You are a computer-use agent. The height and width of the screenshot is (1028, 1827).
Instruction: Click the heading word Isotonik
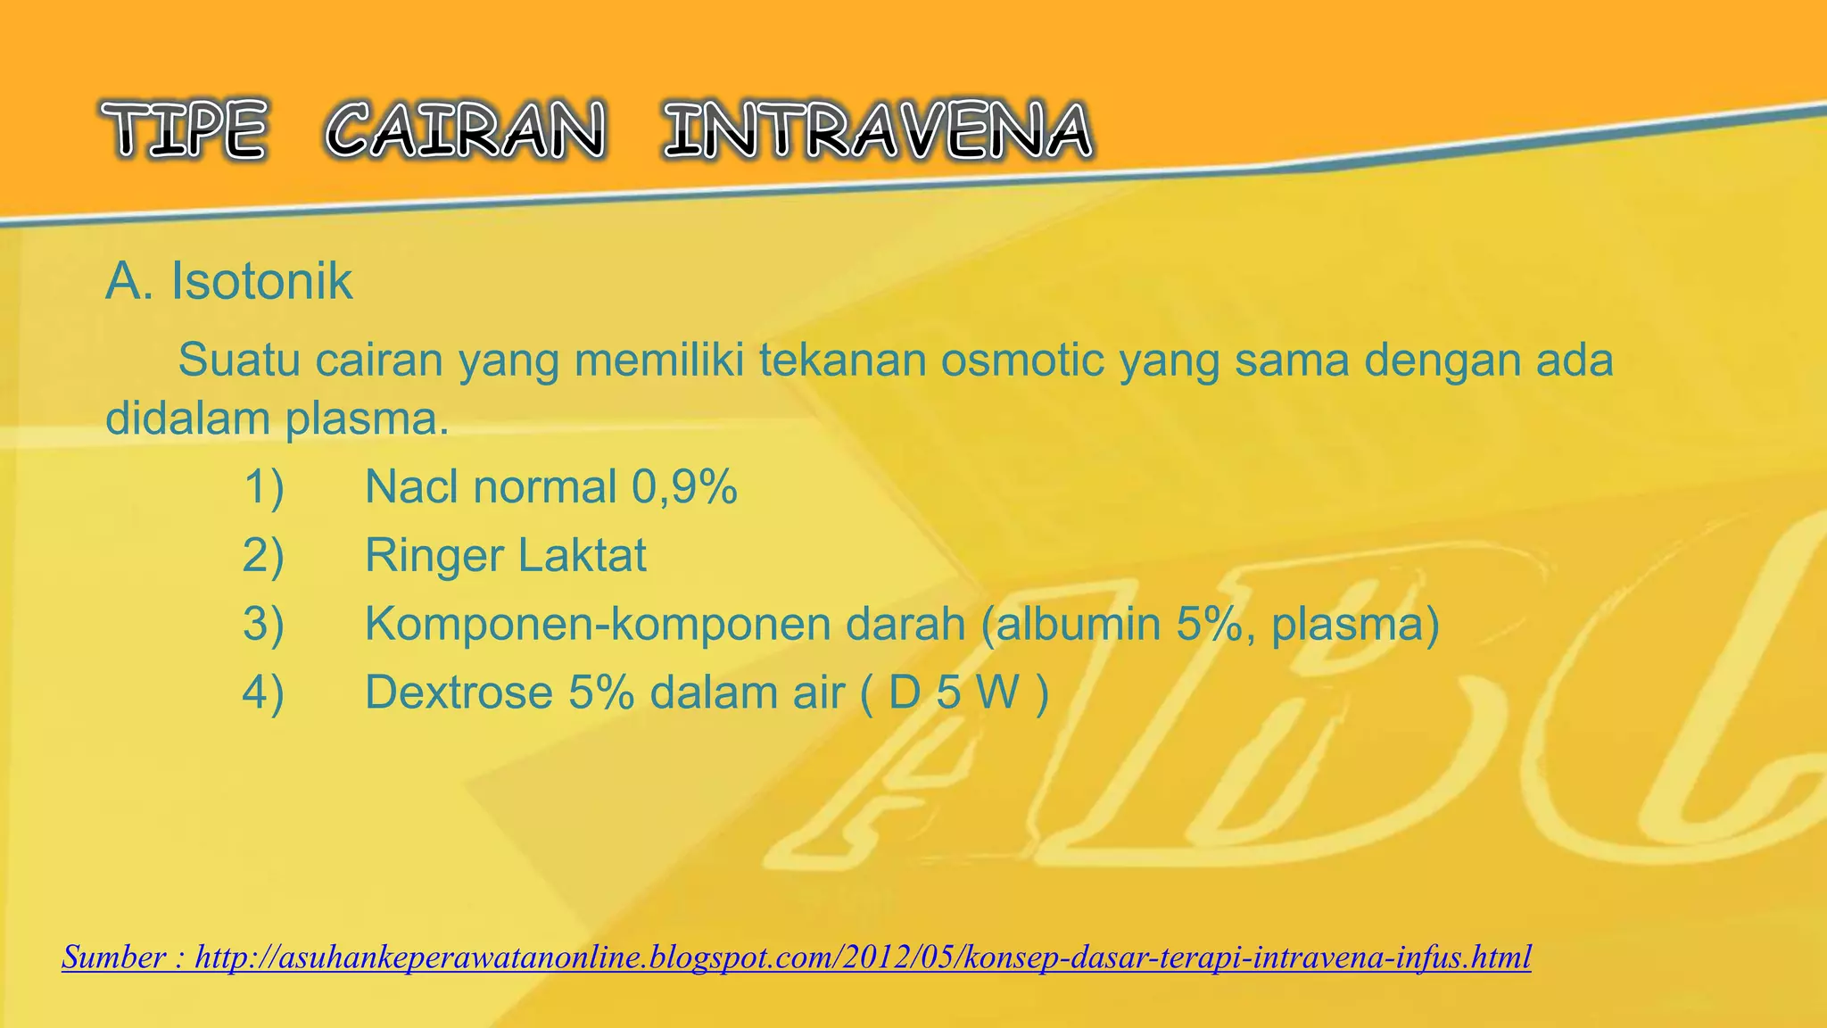(261, 281)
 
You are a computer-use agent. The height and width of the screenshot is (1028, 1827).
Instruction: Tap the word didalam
(188, 418)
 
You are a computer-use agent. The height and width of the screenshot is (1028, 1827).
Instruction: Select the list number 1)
(263, 487)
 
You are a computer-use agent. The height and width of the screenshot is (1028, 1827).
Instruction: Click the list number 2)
(263, 555)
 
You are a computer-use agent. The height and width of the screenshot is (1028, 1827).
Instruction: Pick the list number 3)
(263, 624)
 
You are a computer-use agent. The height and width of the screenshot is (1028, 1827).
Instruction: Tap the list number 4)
(263, 692)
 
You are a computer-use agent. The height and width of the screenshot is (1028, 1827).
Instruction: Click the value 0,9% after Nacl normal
(684, 487)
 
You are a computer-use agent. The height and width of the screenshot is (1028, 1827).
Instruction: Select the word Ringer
(434, 555)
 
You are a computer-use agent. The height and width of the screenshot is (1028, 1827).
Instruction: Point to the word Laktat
(582, 555)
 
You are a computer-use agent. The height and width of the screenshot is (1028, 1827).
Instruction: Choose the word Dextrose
(459, 692)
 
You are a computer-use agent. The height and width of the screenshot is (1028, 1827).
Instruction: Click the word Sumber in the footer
(113, 958)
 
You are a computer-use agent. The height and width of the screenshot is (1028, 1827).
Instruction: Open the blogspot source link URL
(863, 958)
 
